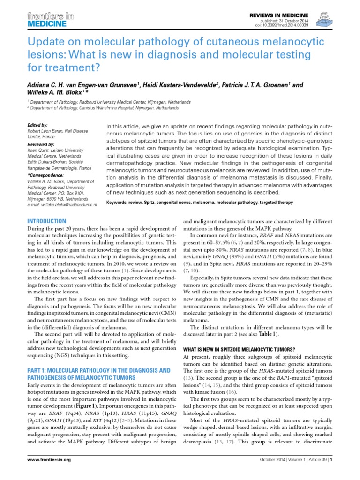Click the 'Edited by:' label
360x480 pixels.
(x=38, y=126)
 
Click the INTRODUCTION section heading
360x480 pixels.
(x=47, y=220)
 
